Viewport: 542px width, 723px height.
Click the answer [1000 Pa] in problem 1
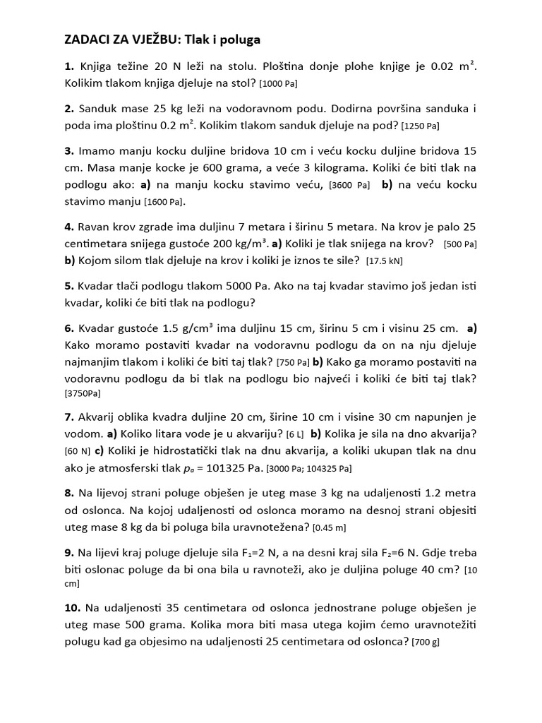click(x=279, y=84)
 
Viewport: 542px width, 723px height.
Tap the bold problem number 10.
click(x=73, y=607)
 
